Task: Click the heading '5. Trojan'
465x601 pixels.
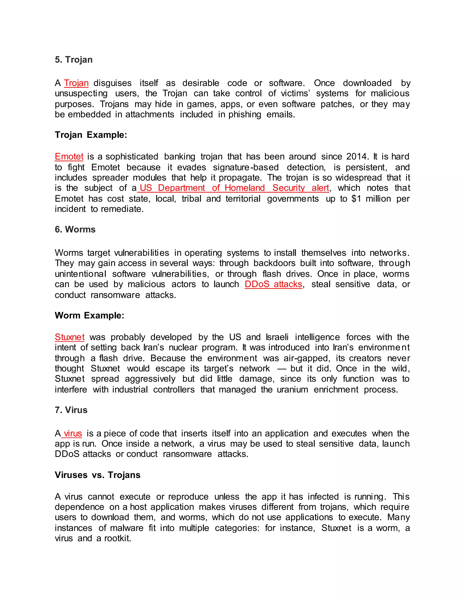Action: point(74,60)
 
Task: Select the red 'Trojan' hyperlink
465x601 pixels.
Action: point(76,83)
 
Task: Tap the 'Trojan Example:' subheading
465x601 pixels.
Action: point(91,135)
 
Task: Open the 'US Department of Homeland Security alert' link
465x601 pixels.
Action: point(234,188)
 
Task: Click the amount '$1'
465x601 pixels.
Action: point(356,199)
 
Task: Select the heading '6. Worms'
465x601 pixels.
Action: point(75,230)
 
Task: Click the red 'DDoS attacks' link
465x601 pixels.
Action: point(273,284)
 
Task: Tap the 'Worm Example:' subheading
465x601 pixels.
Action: point(89,315)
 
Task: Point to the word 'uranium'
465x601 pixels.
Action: point(292,390)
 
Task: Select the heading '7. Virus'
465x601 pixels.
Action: point(71,410)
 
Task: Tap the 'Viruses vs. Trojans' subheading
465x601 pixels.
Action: point(97,475)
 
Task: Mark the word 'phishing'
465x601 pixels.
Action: point(245,115)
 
